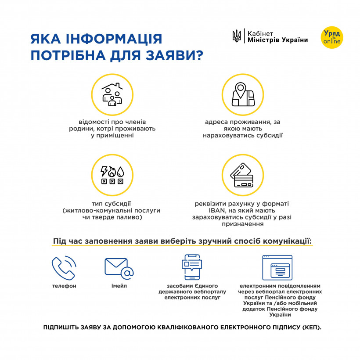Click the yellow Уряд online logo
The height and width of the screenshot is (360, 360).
pyautogui.click(x=332, y=37)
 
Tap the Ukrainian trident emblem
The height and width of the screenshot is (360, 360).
pyautogui.click(x=236, y=36)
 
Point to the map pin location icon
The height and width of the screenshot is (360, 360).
pyautogui.click(x=242, y=94)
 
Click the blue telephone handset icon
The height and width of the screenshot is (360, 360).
pyautogui.click(x=64, y=267)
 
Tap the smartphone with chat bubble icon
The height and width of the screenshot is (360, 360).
pyautogui.click(x=192, y=267)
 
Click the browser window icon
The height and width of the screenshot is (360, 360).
pyautogui.click(x=277, y=266)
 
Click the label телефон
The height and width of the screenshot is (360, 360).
pyautogui.click(x=64, y=286)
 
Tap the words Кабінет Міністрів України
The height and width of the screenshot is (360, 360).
pyautogui.click(x=277, y=37)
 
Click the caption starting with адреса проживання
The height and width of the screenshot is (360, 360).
pyautogui.click(x=242, y=129)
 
